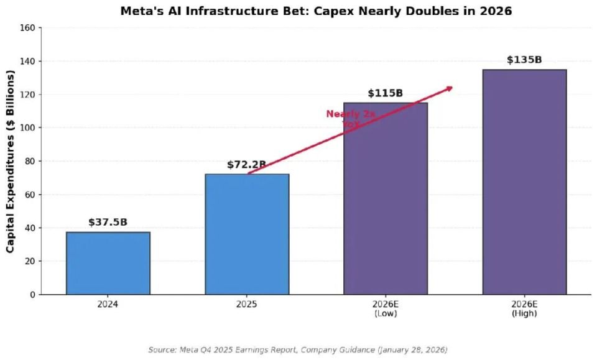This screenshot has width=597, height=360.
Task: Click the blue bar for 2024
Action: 108,263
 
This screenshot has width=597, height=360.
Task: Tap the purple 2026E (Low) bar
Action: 386,198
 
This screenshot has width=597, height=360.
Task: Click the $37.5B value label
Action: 108,222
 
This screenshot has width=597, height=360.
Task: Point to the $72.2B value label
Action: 247,165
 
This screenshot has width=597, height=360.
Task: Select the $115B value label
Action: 386,93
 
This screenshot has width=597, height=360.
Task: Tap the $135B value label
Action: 524,60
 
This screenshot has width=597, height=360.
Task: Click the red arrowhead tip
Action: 451,88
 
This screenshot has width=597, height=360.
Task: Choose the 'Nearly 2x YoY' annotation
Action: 351,119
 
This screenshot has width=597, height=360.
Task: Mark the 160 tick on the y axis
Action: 28,28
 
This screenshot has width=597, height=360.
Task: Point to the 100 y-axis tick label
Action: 28,128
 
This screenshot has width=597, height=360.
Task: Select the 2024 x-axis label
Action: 108,305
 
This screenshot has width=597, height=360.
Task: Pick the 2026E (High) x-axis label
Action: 524,309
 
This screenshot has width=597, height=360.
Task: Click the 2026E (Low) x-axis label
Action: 386,309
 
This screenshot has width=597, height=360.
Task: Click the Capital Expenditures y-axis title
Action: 11,162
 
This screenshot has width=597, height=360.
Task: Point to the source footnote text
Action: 298,350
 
